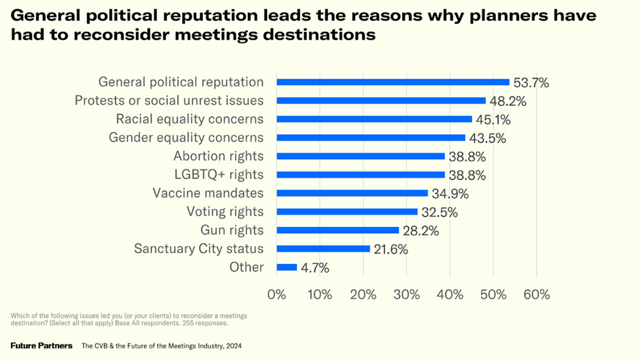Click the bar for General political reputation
392,82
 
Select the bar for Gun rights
337,230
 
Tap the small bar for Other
287,267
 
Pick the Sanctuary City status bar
323,249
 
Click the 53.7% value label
531,82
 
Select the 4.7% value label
315,269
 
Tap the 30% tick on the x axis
406,295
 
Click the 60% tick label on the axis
536,295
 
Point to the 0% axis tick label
276,295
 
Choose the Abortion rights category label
219,156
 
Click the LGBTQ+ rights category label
219,175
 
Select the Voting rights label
225,212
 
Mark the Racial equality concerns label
190,119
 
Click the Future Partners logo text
42,346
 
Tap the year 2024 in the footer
233,346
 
